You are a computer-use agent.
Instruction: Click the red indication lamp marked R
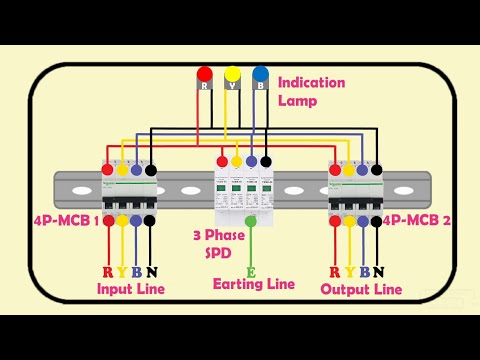pyautogui.click(x=204, y=75)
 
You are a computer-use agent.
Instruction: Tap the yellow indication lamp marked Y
pyautogui.click(x=232, y=75)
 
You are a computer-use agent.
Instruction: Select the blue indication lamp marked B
pyautogui.click(x=260, y=75)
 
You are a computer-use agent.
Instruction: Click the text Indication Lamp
pyautogui.click(x=311, y=91)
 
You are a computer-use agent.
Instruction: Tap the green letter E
pyautogui.click(x=251, y=270)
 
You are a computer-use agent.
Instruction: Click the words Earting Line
pyautogui.click(x=254, y=285)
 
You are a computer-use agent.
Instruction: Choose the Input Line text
pyautogui.click(x=130, y=289)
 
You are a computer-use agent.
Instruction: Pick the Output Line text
pyautogui.click(x=361, y=289)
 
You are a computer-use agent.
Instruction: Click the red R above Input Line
pyautogui.click(x=108, y=272)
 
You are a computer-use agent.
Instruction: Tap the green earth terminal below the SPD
pyautogui.click(x=251, y=220)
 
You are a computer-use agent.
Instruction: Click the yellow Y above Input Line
pyautogui.click(x=122, y=272)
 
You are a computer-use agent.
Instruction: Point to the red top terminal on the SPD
pyautogui.click(x=222, y=161)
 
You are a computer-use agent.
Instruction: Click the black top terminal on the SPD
pyautogui.click(x=265, y=161)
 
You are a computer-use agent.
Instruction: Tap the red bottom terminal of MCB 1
pyautogui.click(x=108, y=219)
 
